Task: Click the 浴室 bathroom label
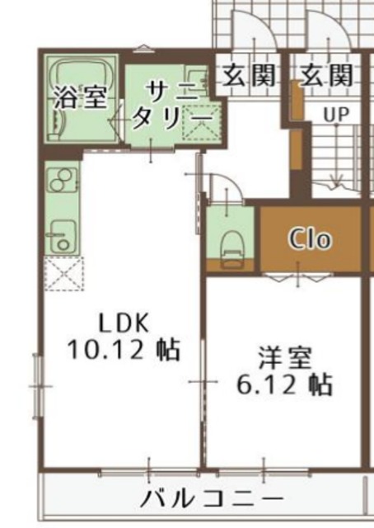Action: [80, 97]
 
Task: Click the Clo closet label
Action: [310, 240]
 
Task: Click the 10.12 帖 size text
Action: [124, 350]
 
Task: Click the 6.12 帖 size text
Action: [284, 384]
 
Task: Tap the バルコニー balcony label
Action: [211, 499]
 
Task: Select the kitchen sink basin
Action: [62, 235]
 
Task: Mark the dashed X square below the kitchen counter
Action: [63, 274]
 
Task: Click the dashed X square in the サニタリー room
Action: [201, 125]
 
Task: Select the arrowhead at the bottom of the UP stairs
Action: [336, 181]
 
